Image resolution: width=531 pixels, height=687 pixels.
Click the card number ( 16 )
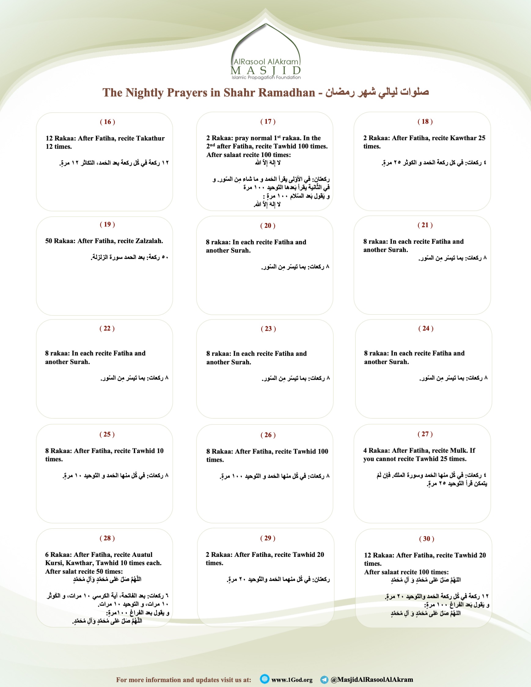(x=108, y=122)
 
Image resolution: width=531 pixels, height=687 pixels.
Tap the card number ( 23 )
(x=268, y=329)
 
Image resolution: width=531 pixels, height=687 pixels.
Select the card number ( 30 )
(x=427, y=539)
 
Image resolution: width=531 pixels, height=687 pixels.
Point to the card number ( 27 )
(x=425, y=434)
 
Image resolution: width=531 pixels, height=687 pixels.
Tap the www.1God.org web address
(x=292, y=680)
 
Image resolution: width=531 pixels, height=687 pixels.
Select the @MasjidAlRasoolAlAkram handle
(x=372, y=679)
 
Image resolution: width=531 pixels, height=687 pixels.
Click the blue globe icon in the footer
(x=265, y=679)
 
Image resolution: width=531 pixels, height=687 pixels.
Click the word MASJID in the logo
(x=266, y=70)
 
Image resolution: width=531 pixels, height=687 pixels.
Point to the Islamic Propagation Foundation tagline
(x=266, y=77)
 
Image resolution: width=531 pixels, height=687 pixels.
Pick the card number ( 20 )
(x=268, y=225)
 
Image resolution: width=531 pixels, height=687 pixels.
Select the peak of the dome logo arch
(x=266, y=24)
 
